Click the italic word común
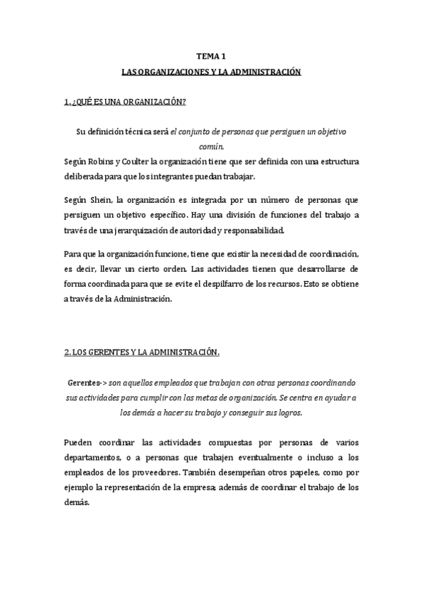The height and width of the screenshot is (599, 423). coord(211,146)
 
